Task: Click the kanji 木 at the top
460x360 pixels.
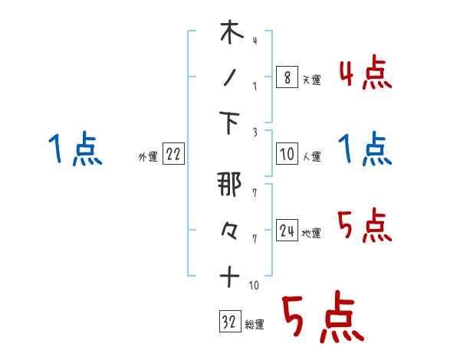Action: click(230, 34)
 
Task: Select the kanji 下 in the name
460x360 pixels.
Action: click(230, 124)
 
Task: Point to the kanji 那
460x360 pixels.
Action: click(230, 185)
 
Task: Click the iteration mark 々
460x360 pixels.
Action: click(230, 230)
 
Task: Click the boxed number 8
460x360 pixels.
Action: click(286, 77)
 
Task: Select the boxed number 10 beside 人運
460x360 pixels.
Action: click(286, 155)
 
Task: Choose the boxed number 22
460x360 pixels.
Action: click(173, 155)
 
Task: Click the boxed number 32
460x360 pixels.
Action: click(228, 322)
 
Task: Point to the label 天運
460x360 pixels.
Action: click(311, 80)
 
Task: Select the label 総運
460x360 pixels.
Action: click(254, 325)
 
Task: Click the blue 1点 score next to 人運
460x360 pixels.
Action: click(364, 149)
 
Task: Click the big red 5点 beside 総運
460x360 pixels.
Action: click(322, 319)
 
